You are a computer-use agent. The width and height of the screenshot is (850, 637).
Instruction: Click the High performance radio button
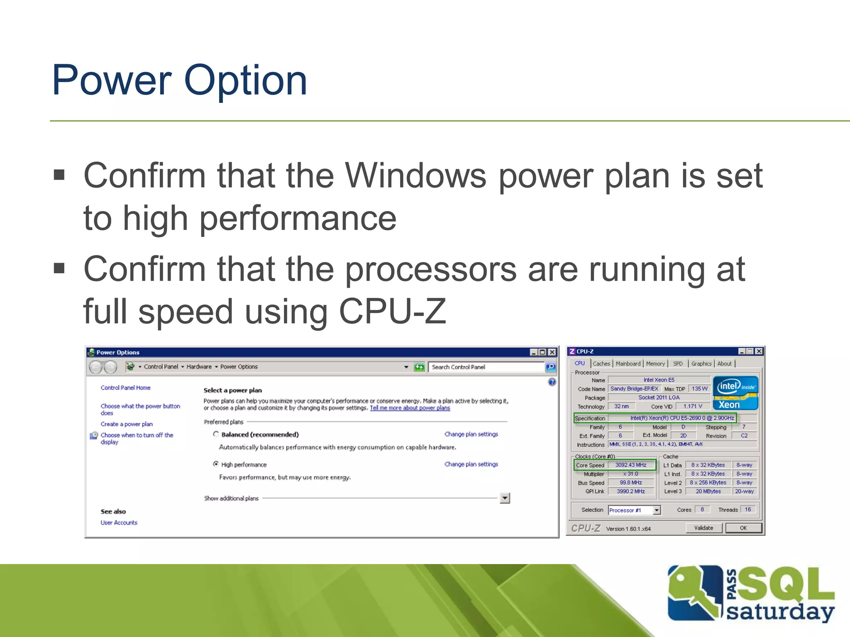point(216,464)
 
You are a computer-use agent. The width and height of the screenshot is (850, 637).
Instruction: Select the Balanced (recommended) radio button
point(216,434)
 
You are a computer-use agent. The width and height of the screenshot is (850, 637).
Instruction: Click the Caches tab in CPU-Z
point(601,364)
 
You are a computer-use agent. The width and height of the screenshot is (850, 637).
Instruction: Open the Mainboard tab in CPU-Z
point(628,364)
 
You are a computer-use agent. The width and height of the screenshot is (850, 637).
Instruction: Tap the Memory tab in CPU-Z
point(655,364)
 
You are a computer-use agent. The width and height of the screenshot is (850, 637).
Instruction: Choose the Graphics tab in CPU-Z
point(701,364)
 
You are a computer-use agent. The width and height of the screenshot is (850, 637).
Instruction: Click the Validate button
point(703,528)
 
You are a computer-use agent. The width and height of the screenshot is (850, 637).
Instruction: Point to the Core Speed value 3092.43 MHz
point(630,465)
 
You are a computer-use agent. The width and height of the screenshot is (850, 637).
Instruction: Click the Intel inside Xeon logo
point(735,393)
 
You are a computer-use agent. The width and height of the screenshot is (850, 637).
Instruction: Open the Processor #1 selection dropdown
point(657,510)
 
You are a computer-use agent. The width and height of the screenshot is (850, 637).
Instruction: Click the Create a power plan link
point(127,424)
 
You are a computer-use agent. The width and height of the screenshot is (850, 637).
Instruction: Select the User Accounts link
point(119,523)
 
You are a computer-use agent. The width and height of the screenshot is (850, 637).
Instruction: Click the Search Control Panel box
point(486,367)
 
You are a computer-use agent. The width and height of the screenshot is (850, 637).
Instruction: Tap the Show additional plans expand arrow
point(505,498)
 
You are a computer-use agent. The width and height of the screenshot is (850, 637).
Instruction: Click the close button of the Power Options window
point(552,352)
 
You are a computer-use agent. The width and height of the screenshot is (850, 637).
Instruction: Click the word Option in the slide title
point(245,81)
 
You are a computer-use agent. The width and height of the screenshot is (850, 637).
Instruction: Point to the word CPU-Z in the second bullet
point(392,312)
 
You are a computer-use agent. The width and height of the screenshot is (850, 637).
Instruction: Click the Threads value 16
point(747,510)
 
